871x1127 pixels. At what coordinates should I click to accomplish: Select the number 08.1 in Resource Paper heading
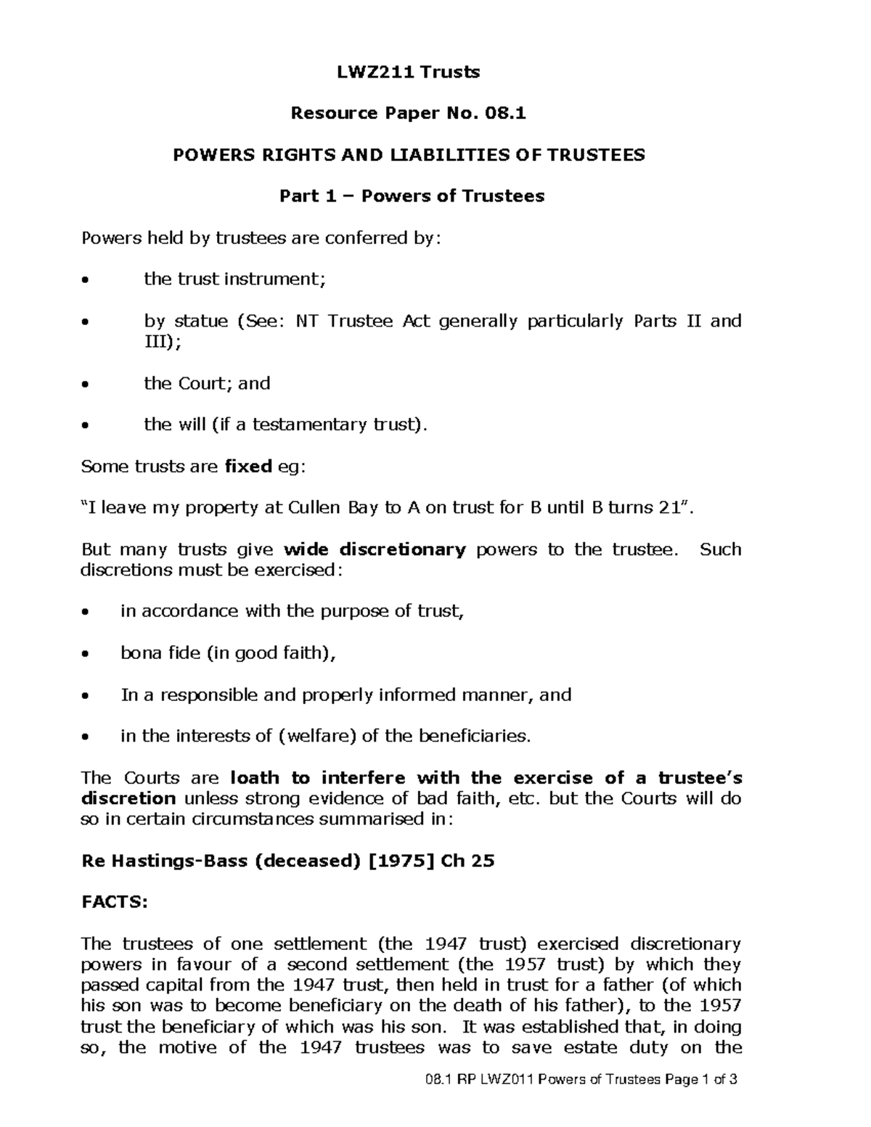point(503,113)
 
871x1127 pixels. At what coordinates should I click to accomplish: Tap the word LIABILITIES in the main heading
point(450,155)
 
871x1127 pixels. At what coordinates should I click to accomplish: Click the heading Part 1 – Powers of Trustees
point(412,196)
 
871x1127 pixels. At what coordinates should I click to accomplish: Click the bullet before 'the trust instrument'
point(86,280)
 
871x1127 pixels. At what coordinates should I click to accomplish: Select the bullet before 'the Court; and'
point(86,385)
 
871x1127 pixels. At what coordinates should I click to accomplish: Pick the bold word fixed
point(248,467)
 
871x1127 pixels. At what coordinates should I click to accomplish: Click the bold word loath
point(254,778)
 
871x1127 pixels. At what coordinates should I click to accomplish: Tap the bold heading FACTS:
point(114,903)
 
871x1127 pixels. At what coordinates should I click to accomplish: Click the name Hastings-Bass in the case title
point(179,861)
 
